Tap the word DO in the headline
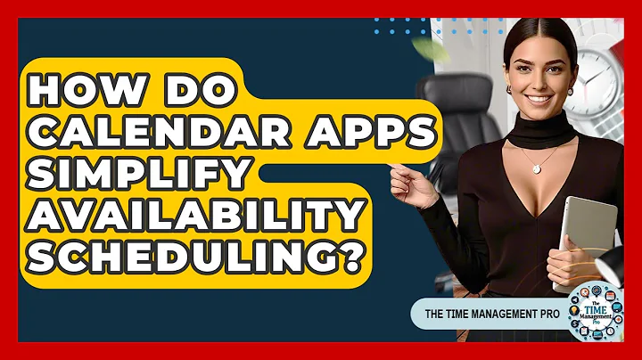(x=203, y=91)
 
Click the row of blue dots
(x=419, y=31)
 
